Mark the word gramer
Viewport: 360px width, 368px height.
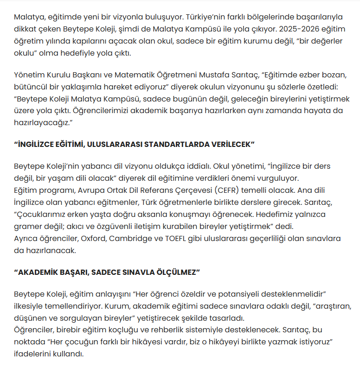(27, 226)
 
